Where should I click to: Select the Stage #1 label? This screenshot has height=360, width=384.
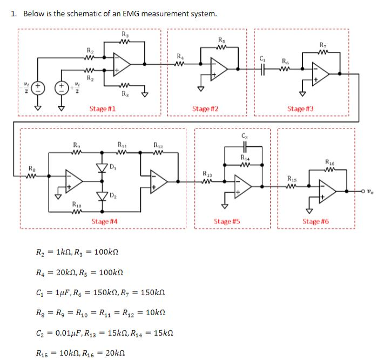pyautogui.click(x=102, y=108)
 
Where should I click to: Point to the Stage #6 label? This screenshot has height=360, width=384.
pyautogui.click(x=316, y=221)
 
